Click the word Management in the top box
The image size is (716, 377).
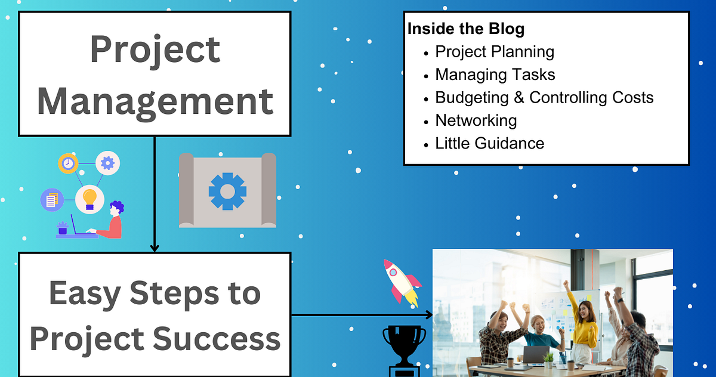coord(155,101)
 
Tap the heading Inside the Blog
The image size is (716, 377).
coord(466,29)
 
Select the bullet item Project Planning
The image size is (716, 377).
coord(495,52)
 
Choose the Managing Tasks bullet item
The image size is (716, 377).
coord(495,75)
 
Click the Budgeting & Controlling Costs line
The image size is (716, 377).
coord(544,97)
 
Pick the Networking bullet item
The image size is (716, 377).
coord(476,120)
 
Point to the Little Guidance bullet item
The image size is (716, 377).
coord(489,143)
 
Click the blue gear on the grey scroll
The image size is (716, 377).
coord(227,191)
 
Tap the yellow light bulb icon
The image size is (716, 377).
coord(89,197)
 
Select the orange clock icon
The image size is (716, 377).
coord(68,163)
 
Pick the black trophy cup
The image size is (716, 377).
coord(404,347)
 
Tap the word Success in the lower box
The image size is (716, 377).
coord(217,338)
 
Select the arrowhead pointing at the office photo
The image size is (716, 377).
coord(428,315)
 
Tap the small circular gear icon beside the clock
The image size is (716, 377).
coord(107,162)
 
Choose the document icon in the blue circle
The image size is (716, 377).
coord(52,200)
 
